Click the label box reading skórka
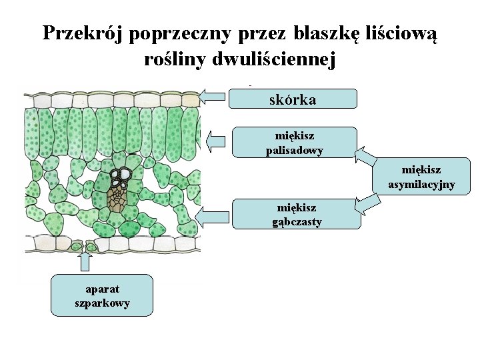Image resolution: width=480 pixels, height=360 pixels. point(293,99)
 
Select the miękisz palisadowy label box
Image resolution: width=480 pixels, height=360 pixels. point(295,143)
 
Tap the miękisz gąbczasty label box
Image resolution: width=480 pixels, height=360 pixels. point(297,215)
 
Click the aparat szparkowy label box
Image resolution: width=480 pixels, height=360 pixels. point(102,295)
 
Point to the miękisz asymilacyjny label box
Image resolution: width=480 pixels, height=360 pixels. point(421,177)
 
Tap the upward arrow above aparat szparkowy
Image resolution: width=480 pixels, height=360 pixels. point(84,260)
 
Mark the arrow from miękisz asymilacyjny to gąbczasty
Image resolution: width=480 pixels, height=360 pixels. point(365,203)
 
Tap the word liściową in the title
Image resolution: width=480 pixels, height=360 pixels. point(399,33)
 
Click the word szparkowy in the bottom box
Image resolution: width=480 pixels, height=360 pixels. point(102,303)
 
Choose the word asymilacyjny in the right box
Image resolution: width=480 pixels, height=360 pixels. point(421,185)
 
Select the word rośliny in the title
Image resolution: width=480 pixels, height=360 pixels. point(174,59)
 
